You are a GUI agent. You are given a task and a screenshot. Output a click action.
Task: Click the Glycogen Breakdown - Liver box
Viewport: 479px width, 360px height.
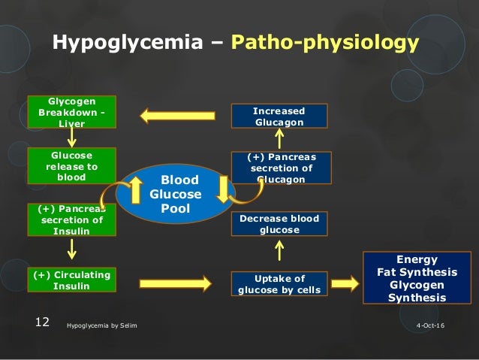(x=71, y=111)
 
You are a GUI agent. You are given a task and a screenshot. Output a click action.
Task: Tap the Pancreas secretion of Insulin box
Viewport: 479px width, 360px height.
(x=71, y=219)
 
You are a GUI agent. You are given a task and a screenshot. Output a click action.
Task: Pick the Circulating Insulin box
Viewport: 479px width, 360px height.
(x=71, y=280)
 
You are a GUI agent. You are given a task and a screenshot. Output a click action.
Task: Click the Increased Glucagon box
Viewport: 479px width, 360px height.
(x=279, y=116)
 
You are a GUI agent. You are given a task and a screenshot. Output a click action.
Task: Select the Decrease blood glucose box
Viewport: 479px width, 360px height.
(x=279, y=224)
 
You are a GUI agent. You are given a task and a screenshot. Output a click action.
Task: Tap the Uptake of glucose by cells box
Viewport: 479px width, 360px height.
(x=279, y=284)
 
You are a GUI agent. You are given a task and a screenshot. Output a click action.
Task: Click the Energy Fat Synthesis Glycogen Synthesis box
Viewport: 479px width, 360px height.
(x=420, y=277)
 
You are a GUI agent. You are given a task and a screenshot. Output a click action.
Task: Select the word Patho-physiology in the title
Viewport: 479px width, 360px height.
(x=324, y=44)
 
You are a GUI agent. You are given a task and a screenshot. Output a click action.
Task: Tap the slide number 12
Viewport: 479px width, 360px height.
(x=42, y=322)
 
